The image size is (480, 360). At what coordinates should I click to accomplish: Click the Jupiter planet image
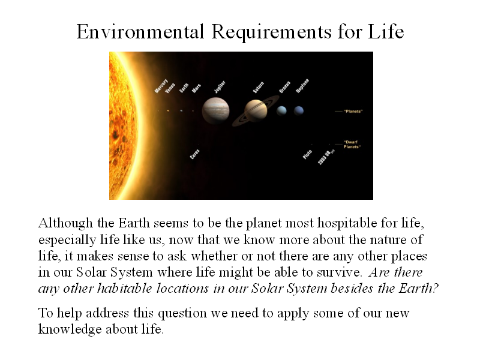pos(215,110)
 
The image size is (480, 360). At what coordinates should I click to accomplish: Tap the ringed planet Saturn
pos(256,111)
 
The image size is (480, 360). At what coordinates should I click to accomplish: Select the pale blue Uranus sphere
pos(281,110)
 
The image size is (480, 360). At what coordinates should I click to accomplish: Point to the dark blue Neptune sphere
pos(299,110)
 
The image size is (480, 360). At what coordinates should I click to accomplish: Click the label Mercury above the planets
pos(161,86)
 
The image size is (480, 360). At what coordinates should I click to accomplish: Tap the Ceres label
pos(194,154)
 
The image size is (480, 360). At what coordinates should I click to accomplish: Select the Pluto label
pos(307,155)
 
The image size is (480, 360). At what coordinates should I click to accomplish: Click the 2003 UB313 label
pos(326,157)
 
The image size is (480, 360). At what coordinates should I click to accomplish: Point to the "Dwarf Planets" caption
pos(352,144)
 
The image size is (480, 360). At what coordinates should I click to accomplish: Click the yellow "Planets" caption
pos(353,111)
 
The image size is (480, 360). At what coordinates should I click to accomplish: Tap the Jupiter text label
pos(220,86)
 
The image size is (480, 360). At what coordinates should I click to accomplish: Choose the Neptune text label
pos(302,86)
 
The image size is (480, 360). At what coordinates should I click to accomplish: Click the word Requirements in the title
pos(272,32)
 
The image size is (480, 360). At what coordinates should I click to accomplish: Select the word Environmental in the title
pos(140,32)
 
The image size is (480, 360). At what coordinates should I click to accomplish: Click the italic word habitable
pos(125,289)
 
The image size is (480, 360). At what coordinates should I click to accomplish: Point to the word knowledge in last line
pos(70,329)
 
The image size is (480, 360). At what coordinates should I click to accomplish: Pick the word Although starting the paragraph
pos(65,223)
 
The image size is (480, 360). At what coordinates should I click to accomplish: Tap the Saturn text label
pos(259,87)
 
